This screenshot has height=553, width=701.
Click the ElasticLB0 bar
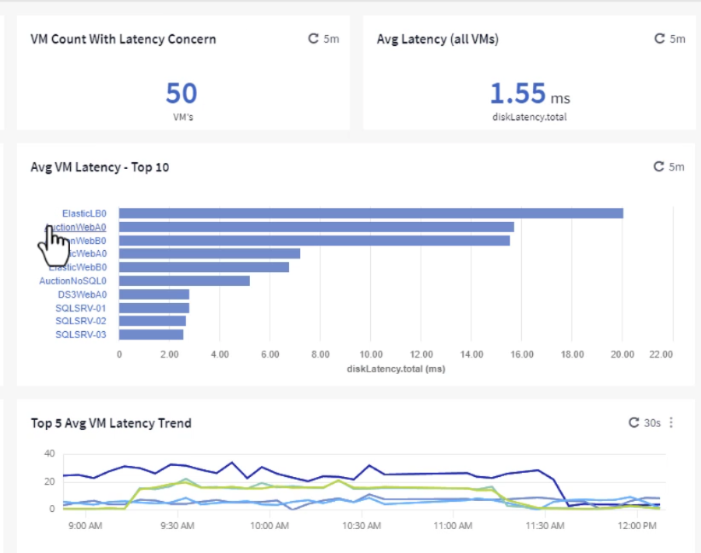[x=371, y=213]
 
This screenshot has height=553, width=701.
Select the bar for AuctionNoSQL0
[x=184, y=281]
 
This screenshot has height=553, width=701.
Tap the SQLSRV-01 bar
[x=154, y=308]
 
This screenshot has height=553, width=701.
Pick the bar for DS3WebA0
[x=154, y=294]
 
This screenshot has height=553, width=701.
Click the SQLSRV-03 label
[x=81, y=335]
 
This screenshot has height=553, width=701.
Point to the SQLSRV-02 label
[x=81, y=321]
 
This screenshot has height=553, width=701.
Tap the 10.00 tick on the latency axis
[x=371, y=354]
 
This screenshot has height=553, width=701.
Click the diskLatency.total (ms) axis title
[x=396, y=369]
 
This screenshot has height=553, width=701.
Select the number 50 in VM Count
[x=182, y=93]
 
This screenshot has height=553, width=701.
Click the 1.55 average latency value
[x=516, y=93]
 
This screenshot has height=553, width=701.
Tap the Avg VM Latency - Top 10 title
[x=100, y=167]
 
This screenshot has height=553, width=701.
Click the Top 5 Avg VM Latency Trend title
[x=111, y=423]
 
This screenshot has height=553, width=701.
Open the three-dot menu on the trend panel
[x=672, y=422]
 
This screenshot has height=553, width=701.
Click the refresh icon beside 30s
[x=633, y=422]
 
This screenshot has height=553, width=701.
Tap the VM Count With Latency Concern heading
[x=123, y=38]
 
